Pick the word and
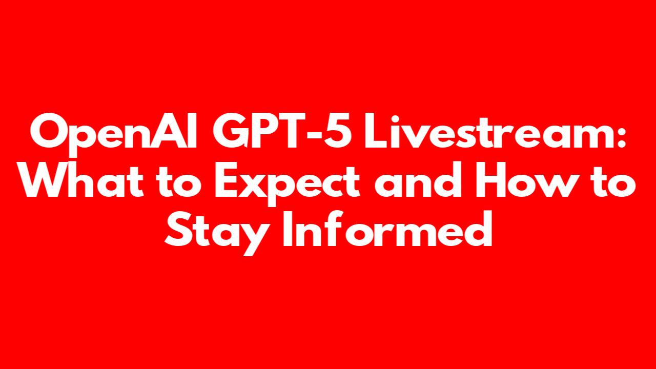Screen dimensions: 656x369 coord(418,179)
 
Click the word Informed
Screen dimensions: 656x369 coord(387,228)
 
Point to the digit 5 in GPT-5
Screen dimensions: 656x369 coord(337,131)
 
